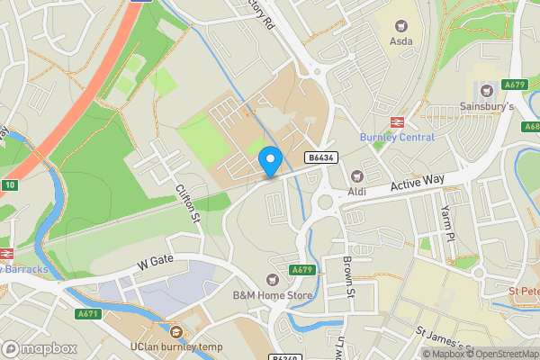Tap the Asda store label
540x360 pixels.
[x=401, y=41]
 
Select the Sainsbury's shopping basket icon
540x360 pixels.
[x=488, y=90]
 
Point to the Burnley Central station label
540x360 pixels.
[x=397, y=138]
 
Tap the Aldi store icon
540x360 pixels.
[x=356, y=175]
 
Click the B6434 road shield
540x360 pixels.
[x=320, y=157]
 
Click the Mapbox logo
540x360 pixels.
[x=39, y=348]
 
